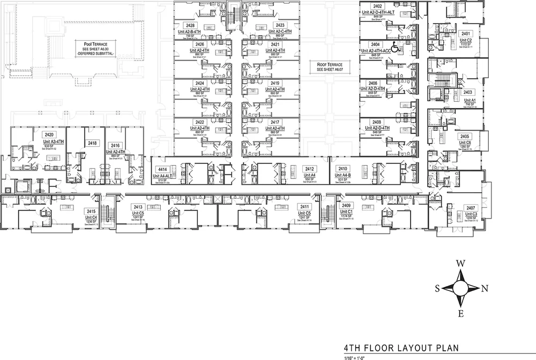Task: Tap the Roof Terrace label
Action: (x=329, y=67)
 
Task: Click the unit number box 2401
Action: (x=466, y=33)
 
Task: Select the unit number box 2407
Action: (x=471, y=207)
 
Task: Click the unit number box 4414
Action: (x=163, y=169)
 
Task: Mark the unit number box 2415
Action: (x=91, y=212)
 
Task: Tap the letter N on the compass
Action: (x=485, y=288)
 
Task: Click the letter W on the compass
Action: (x=460, y=263)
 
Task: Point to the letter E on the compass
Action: (x=460, y=313)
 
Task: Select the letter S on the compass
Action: (x=437, y=288)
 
